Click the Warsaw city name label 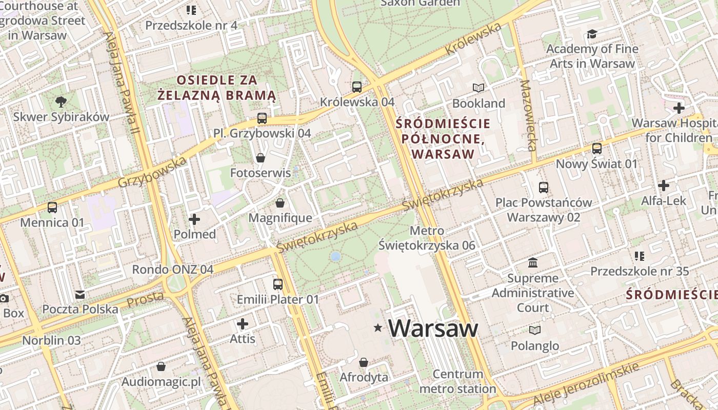click(x=433, y=328)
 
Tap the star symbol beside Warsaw click(x=378, y=327)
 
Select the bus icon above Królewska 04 click(x=357, y=87)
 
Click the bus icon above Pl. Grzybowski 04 click(x=262, y=118)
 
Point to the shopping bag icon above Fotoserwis click(x=261, y=158)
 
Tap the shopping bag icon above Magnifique click(x=280, y=203)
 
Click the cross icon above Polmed click(x=194, y=219)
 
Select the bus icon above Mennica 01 click(x=52, y=208)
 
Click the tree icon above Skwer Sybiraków click(x=61, y=101)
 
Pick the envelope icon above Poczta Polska click(x=80, y=295)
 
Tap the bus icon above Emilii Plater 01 click(x=278, y=284)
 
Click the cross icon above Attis click(x=243, y=324)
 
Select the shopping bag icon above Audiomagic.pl click(x=161, y=366)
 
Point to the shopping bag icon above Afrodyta click(x=364, y=362)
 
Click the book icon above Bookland click(x=478, y=88)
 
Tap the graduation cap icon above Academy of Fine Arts click(x=592, y=34)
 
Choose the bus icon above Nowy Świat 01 click(x=597, y=149)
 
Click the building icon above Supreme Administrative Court click(x=533, y=263)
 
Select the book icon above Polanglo click(x=535, y=331)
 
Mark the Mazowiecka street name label click(x=528, y=115)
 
